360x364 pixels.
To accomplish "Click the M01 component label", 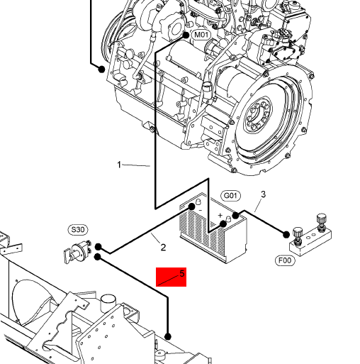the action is (201, 35).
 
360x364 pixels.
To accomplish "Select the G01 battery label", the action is (230, 196).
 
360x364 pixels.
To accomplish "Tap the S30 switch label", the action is (78, 230).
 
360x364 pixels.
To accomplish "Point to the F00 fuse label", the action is (285, 260).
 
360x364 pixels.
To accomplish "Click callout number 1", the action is (119, 165).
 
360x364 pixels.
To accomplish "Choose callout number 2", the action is (163, 248).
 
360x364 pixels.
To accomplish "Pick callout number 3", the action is (263, 194).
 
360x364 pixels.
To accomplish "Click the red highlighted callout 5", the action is (171, 277).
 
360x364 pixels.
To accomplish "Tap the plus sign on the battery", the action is (220, 215).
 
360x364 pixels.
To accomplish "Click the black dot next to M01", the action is (186, 35).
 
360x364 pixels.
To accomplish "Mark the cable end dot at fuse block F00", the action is (286, 235).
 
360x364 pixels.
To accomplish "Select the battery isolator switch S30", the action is (77, 251).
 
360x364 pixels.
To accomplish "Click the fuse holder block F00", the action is (310, 236).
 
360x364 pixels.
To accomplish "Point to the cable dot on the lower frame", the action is (168, 336).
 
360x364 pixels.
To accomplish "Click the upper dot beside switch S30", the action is (98, 247).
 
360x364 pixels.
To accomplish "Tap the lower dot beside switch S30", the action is (98, 257).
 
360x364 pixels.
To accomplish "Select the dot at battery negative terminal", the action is (191, 207).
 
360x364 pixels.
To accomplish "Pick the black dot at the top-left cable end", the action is (101, 70).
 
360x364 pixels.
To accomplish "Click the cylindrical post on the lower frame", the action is (108, 303).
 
